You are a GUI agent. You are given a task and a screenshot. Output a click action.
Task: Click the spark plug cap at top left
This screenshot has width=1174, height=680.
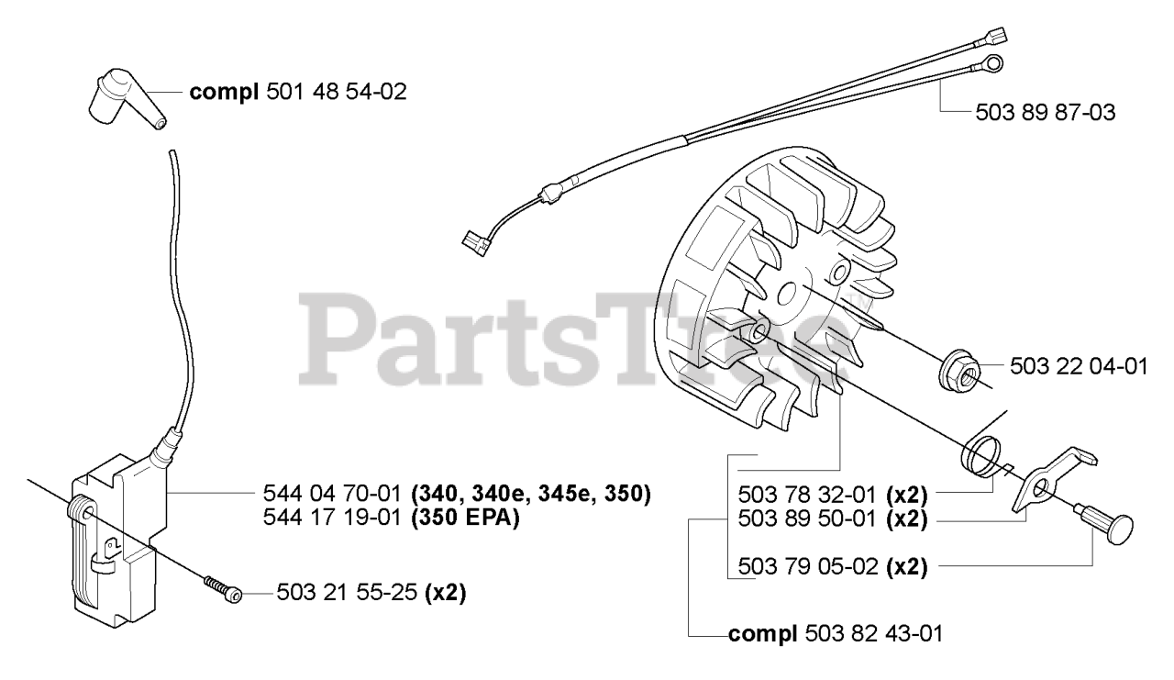(125, 100)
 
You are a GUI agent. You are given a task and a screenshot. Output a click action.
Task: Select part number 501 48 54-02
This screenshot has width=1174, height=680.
(337, 92)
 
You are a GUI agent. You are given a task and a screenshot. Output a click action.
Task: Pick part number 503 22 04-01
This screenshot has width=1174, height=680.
(1078, 367)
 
